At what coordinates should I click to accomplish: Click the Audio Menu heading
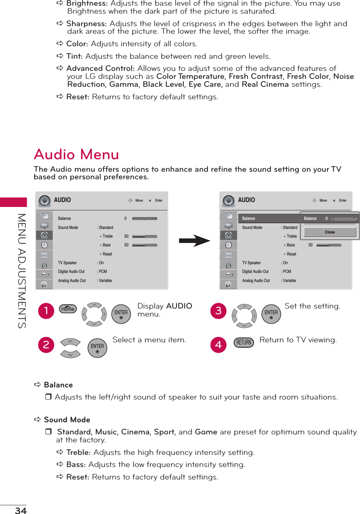coord(76,155)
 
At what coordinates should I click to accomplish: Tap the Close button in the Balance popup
coord(330,232)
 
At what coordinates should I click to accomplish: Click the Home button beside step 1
coord(68,309)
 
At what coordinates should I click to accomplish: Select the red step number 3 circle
coord(219,311)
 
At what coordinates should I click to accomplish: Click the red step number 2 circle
coord(46,345)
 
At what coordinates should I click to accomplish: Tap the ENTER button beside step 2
coord(97,348)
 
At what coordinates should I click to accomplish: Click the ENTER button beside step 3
coord(271,314)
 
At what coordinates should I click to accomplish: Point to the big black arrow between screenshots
coord(194,241)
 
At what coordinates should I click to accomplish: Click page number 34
coord(21,511)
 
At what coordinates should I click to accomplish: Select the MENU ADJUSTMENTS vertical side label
coord(22,271)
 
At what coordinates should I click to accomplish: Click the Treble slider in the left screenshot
coord(145,236)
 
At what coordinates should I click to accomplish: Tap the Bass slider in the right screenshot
coord(329,245)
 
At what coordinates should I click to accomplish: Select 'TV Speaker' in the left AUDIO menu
coord(68,263)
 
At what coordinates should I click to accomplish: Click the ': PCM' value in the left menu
coord(102,271)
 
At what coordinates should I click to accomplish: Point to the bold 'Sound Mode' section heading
coord(67,420)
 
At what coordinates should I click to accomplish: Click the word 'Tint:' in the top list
coord(74,56)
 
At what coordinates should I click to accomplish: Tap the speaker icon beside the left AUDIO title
coord(44,201)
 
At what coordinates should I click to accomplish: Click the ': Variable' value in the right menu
coord(289,281)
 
